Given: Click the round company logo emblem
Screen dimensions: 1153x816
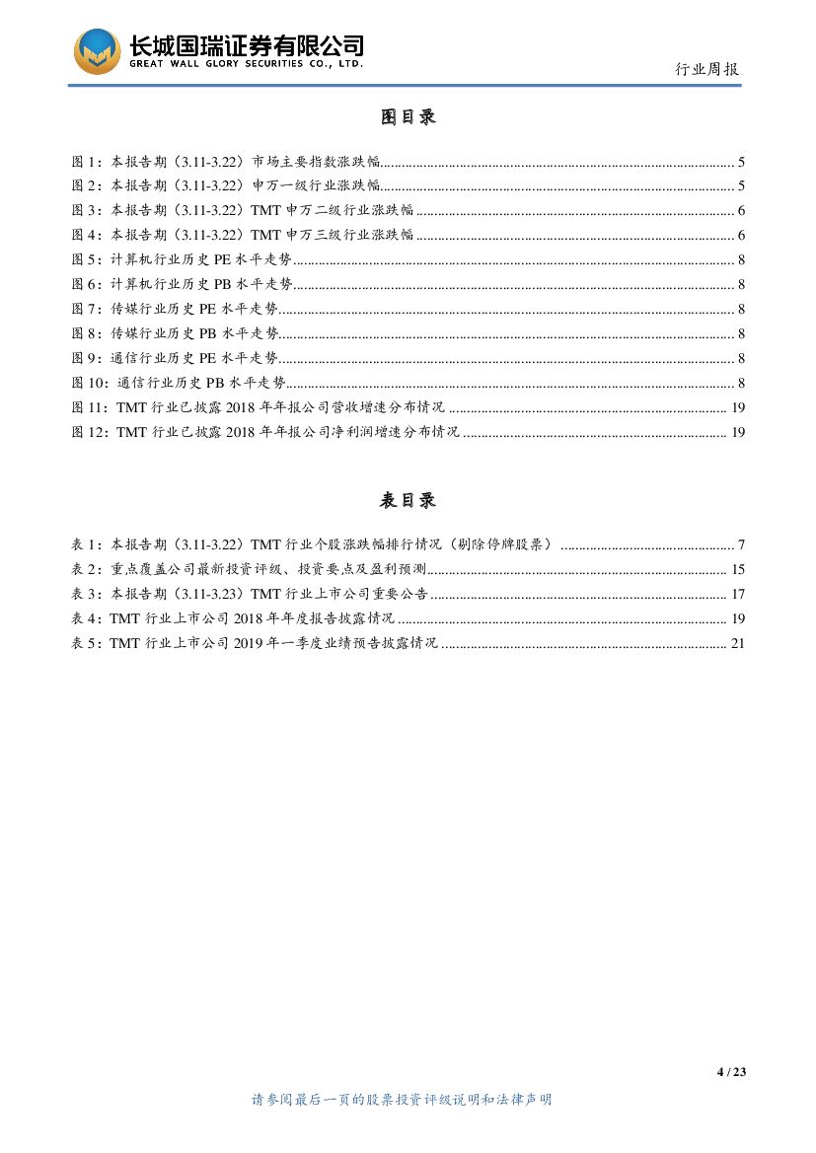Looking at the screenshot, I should coord(97,50).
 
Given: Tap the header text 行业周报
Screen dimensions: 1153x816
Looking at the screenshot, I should coord(706,69).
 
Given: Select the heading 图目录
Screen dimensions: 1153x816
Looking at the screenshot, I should coord(408,117).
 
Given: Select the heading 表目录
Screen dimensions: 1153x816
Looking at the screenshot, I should coord(408,501).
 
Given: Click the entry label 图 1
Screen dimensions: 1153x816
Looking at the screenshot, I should coord(86,162).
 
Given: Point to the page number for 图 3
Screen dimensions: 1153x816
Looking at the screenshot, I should coord(741,211).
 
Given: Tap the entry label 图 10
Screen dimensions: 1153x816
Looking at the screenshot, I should coord(90,384).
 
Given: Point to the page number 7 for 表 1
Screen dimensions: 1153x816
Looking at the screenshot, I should coord(741,545).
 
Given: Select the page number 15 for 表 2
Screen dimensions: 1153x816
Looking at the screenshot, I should coord(738,570).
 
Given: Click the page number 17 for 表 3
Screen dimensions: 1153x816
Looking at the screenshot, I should coord(738,595).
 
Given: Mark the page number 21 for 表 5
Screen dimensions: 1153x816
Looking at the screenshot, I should coord(738,644).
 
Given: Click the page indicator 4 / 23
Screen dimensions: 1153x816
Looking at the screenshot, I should coord(731,1073).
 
